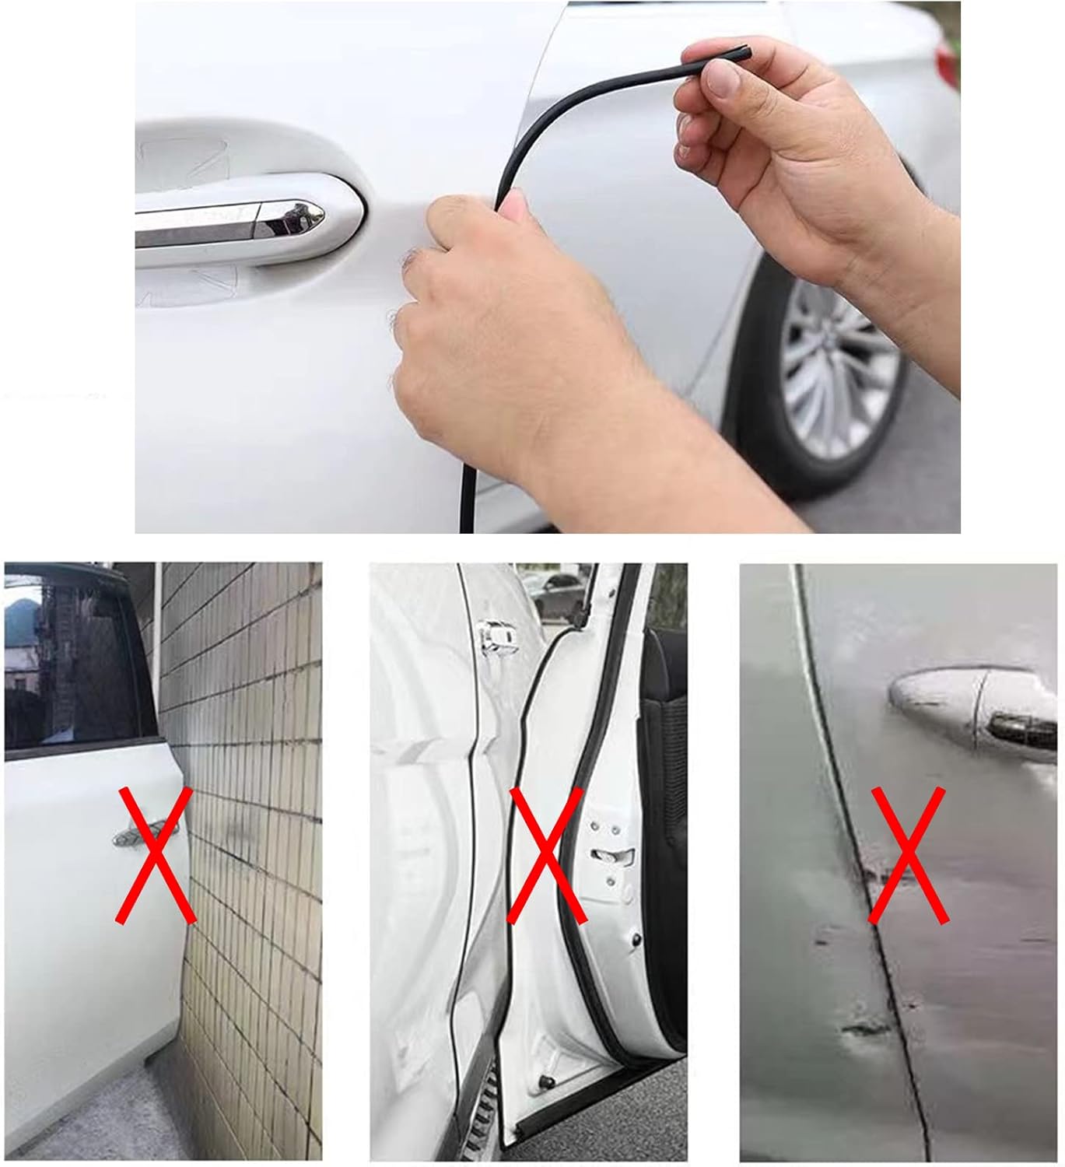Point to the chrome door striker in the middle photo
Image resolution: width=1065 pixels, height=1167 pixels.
[x=493, y=638]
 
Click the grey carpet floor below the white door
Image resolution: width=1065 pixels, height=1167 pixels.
[x=93, y=1120]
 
